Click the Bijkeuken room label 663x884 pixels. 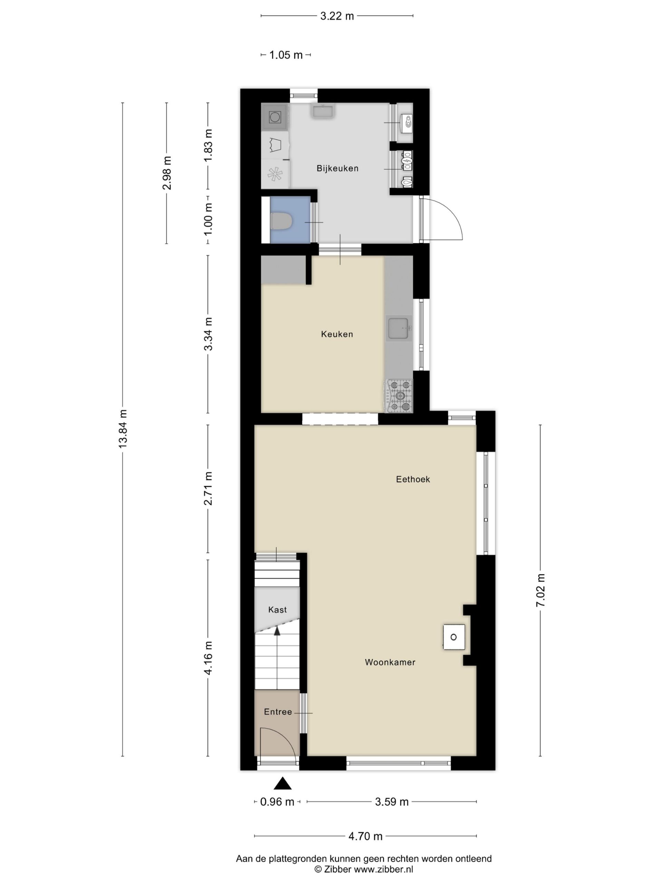pos(337,168)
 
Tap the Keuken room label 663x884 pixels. pos(337,334)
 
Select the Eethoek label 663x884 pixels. pos(413,479)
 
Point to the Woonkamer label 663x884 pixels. pos(390,662)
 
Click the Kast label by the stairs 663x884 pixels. pos(277,609)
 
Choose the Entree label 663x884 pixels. pos(278,712)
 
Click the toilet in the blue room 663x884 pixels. pos(282,221)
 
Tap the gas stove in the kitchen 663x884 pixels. pos(398,396)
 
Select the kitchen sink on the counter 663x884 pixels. pos(399,328)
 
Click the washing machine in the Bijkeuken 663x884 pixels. pos(275,117)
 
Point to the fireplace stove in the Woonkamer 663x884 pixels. pos(454,637)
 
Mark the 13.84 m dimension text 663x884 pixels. pos(123,429)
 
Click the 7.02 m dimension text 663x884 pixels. pos(540,590)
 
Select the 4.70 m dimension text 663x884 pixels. pos(365,836)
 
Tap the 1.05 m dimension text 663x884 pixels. pos(286,55)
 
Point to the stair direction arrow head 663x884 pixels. pos(277,630)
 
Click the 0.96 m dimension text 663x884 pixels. pos(277,802)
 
